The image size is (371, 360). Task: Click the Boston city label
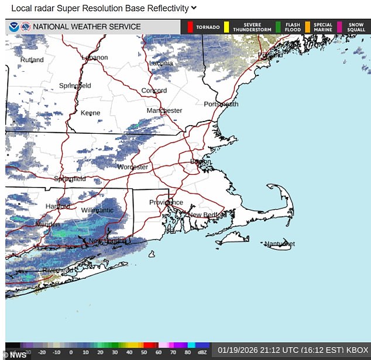pyautogui.click(x=200, y=162)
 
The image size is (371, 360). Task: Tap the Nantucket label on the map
pyautogui.click(x=279, y=244)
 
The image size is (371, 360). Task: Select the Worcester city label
pyautogui.click(x=133, y=167)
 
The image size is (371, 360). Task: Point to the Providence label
pyautogui.click(x=166, y=203)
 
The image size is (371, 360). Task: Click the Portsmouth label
pyautogui.click(x=221, y=104)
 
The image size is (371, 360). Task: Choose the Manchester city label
pyautogui.click(x=164, y=110)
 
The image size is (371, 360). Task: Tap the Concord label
pyautogui.click(x=154, y=91)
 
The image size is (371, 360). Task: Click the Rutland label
pyautogui.click(x=32, y=60)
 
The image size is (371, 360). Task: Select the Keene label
pyautogui.click(x=90, y=113)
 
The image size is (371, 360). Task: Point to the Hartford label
pyautogui.click(x=58, y=206)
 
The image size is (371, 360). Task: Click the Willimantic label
pyautogui.click(x=97, y=210)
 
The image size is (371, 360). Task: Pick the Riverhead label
pyautogui.click(x=57, y=271)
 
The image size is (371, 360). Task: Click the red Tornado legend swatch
pyautogui.click(x=190, y=27)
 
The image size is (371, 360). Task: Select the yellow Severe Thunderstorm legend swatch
pyautogui.click(x=226, y=27)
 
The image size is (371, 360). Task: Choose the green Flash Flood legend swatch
pyautogui.click(x=279, y=27)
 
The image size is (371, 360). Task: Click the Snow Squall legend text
pyautogui.click(x=356, y=27)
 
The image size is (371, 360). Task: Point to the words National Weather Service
pyautogui.click(x=87, y=27)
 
